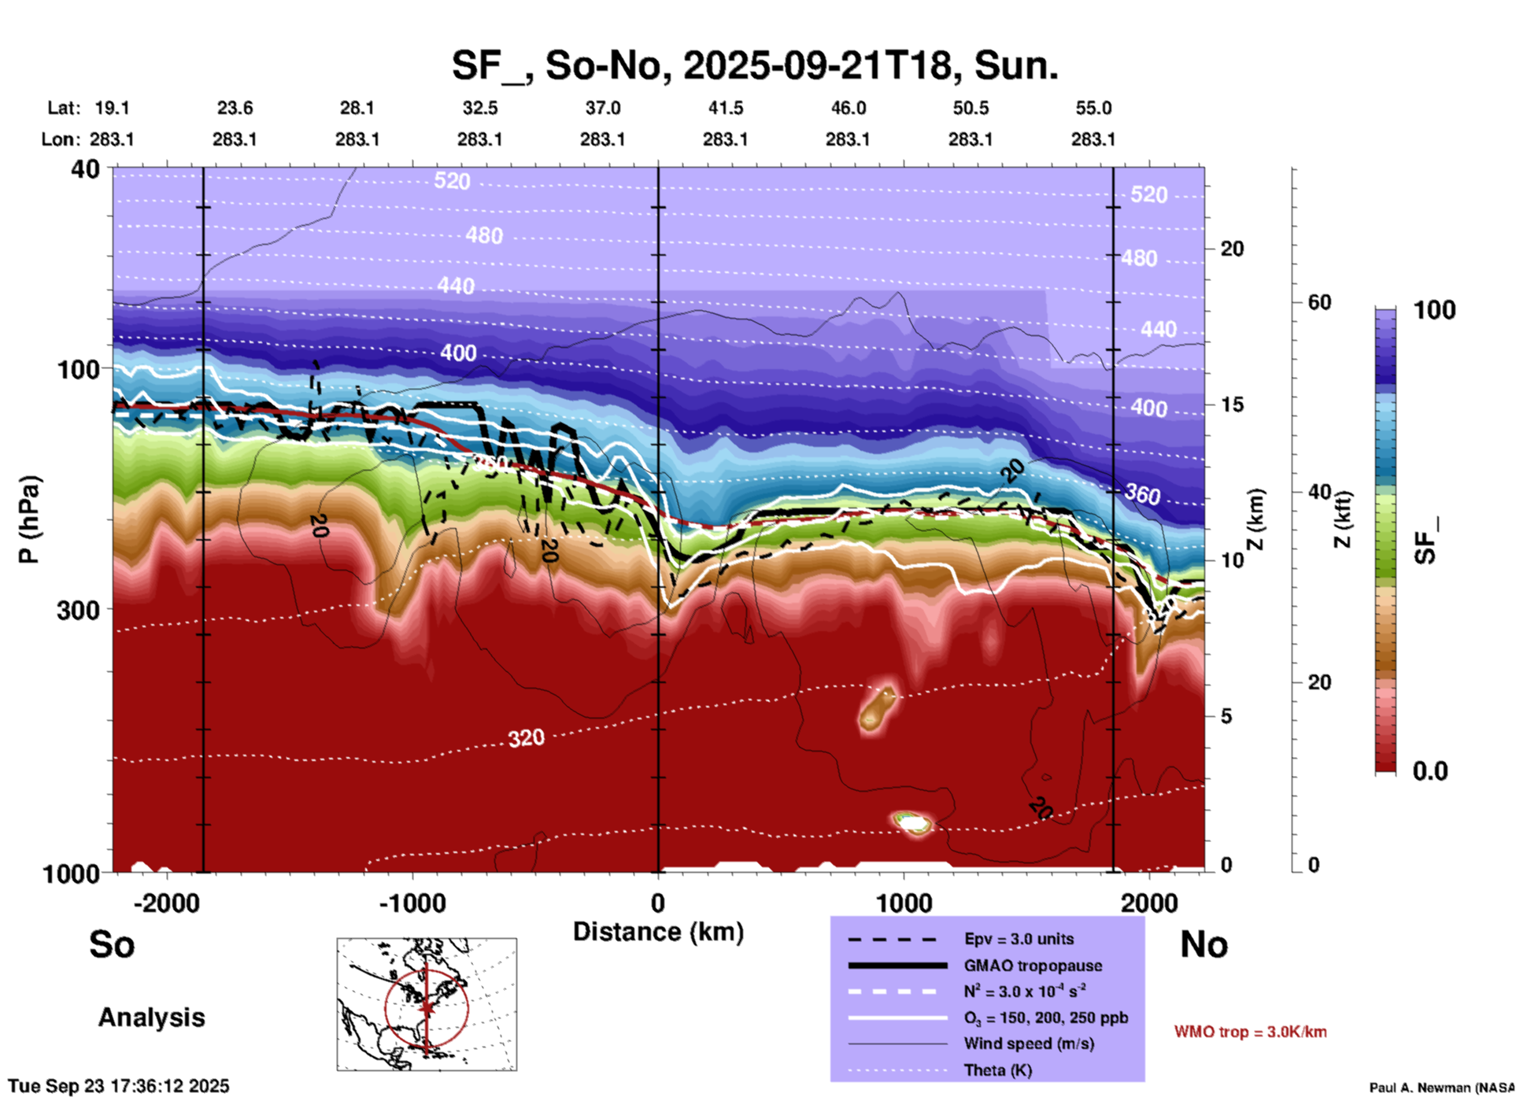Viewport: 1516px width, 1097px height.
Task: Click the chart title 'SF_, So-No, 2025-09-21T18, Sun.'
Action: tap(754, 65)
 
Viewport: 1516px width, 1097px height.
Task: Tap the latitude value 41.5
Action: tap(725, 108)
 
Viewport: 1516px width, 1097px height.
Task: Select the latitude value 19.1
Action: tap(112, 108)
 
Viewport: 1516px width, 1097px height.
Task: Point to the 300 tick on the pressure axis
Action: tap(78, 609)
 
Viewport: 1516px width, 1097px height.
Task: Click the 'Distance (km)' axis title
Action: tap(658, 932)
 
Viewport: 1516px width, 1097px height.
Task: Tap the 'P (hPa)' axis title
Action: tap(29, 519)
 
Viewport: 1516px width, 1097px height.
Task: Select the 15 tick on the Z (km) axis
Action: tap(1232, 404)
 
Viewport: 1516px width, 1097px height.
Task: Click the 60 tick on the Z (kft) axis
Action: tap(1319, 302)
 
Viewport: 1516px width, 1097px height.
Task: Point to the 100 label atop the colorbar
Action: tap(1434, 310)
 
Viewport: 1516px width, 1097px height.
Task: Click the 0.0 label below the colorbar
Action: tap(1430, 771)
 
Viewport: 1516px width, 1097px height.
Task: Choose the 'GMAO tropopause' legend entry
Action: tap(1033, 966)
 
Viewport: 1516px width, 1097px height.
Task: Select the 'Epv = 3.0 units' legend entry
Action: tap(1019, 939)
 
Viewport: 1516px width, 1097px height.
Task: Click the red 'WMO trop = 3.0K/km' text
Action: tap(1250, 1032)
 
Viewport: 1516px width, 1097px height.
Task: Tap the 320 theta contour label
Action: tap(526, 738)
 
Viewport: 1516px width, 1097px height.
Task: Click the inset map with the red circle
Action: tap(427, 1003)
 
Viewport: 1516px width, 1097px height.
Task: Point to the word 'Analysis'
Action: tap(151, 1018)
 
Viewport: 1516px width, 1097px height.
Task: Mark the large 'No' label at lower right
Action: tap(1204, 944)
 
